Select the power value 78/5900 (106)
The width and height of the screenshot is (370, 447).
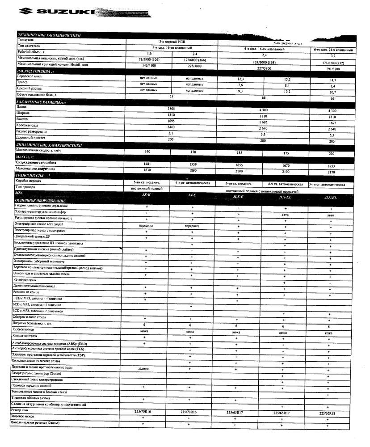click(x=149, y=59)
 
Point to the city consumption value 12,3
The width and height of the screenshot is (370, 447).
click(x=240, y=79)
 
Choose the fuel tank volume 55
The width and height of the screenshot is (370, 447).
click(x=171, y=96)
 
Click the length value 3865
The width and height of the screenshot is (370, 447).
click(x=171, y=109)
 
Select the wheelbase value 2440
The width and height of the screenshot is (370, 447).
click(x=171, y=127)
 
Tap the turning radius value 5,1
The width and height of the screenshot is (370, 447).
click(x=171, y=133)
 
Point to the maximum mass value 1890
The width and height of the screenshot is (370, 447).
click(x=193, y=170)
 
